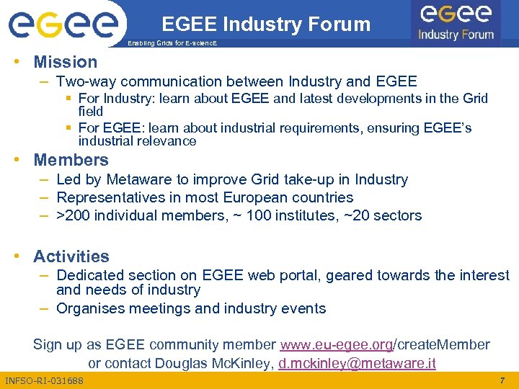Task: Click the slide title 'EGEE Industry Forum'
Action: (x=266, y=24)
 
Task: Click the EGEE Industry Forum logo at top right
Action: (x=456, y=22)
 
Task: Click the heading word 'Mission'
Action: (x=65, y=62)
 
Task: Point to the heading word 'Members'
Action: (x=71, y=159)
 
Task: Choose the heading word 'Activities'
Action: (x=71, y=256)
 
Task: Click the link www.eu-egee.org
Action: (x=336, y=344)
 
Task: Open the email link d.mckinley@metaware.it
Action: (x=357, y=363)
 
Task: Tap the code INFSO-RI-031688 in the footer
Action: (x=44, y=380)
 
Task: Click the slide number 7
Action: (x=502, y=380)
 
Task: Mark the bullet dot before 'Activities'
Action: (x=22, y=256)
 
